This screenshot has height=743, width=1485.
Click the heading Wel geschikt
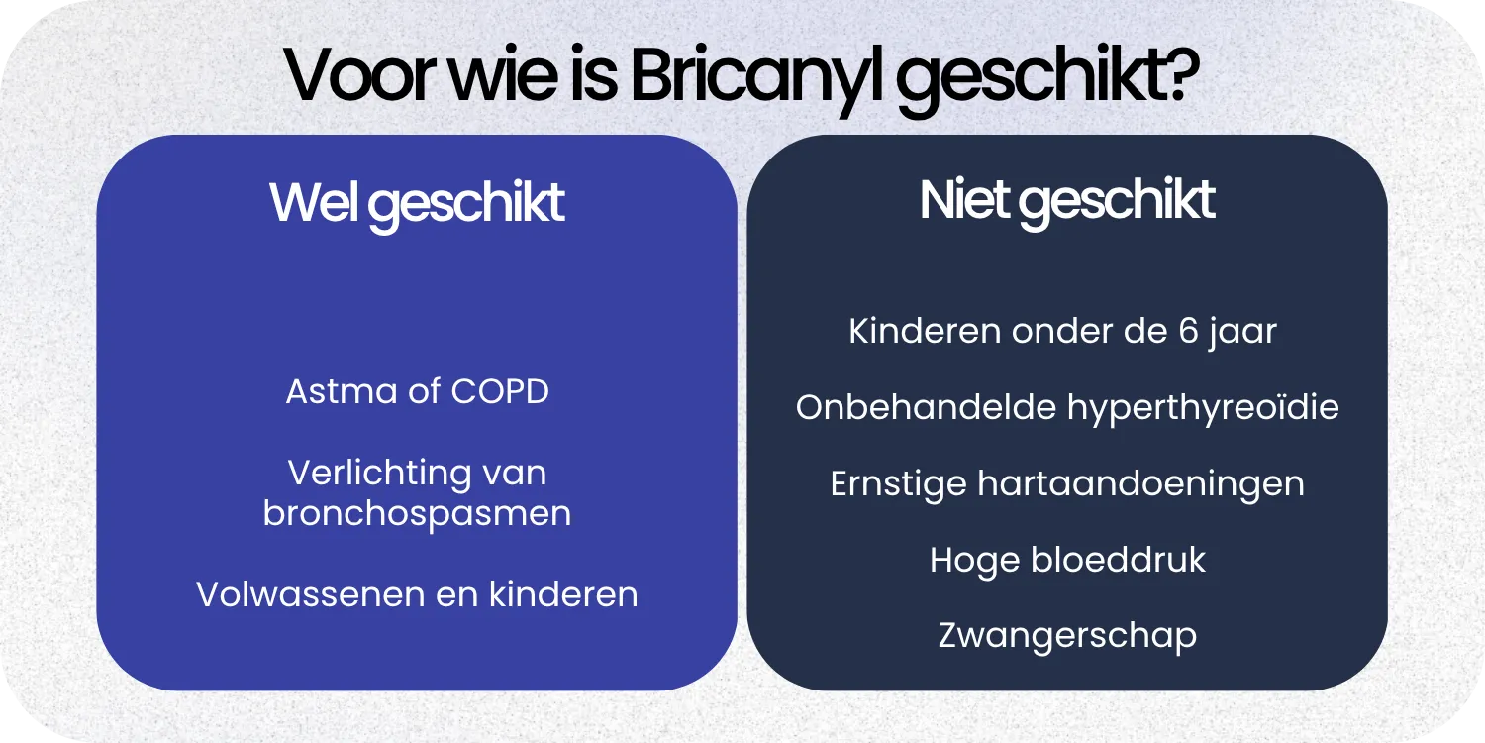(417, 204)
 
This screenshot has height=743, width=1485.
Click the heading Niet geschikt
(1067, 201)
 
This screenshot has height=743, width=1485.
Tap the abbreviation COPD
(500, 391)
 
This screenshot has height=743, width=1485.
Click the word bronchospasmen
(417, 514)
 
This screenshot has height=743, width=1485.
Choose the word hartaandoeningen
(1140, 484)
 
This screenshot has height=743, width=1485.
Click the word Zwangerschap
(1067, 636)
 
